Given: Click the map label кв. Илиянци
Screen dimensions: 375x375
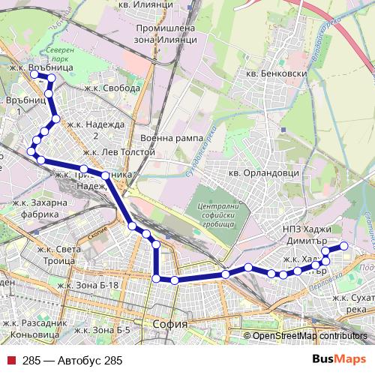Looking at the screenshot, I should (x=151, y=4).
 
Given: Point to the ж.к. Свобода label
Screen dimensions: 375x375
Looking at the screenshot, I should (x=112, y=88).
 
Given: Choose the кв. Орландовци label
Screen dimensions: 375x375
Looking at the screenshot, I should (x=264, y=172).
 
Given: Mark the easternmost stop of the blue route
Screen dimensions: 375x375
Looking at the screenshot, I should (x=344, y=246).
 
